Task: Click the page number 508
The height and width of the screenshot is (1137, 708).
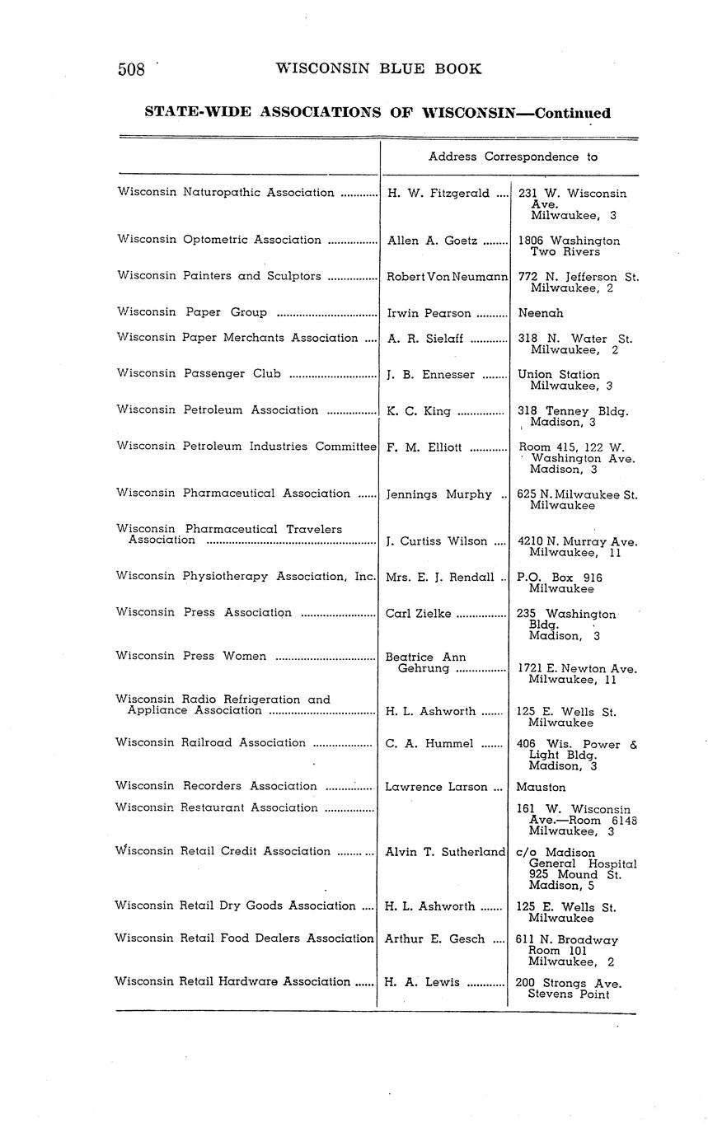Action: point(132,69)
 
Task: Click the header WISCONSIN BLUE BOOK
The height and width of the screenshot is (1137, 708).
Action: point(378,68)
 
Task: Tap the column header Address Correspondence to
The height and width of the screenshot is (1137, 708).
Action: point(513,156)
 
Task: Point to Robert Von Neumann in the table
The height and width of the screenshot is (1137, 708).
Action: point(447,277)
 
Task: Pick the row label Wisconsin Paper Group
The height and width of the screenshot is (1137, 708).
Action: point(192,312)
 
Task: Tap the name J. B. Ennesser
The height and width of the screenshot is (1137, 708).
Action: point(430,375)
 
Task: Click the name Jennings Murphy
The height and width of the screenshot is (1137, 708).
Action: point(438,494)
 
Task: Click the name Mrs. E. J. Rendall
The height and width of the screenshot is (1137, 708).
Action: point(440,578)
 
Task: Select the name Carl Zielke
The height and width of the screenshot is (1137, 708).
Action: point(419,613)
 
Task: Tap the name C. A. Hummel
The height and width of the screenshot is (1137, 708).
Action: point(429,744)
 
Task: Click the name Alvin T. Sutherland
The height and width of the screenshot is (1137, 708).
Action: point(445,852)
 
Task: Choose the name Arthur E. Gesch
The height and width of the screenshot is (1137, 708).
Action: point(435,938)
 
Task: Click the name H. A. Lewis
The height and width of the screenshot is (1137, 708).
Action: point(419,982)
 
